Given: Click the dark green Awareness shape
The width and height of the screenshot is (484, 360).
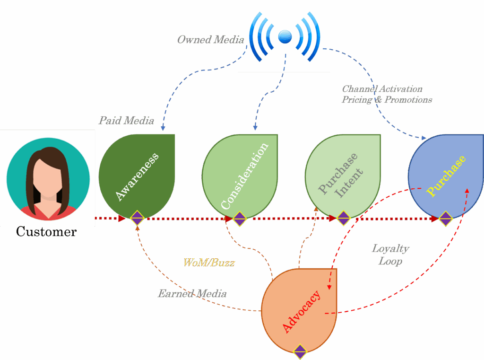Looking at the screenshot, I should click(137, 175).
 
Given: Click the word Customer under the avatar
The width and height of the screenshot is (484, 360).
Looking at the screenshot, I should click(46, 232).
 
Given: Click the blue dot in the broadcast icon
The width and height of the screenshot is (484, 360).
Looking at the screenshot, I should click(285, 36).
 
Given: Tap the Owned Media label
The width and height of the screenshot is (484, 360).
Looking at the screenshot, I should click(210, 40).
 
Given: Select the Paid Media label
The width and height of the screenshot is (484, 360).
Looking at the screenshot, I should click(126, 121).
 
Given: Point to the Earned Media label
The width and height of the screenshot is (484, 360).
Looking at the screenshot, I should click(192, 294).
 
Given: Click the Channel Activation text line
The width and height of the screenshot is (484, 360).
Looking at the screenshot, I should click(382, 89).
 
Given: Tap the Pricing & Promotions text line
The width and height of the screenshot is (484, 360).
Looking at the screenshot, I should click(387, 100).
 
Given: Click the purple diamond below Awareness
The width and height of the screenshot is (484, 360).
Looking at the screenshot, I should click(137, 218).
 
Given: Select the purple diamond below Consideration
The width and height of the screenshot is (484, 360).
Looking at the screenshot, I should click(240, 218).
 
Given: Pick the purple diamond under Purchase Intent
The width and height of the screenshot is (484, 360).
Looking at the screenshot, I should click(343, 218).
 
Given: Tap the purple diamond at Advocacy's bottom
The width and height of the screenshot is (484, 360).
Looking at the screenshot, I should click(300, 351).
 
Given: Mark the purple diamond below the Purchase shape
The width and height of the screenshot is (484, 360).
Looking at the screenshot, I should click(446, 218).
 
